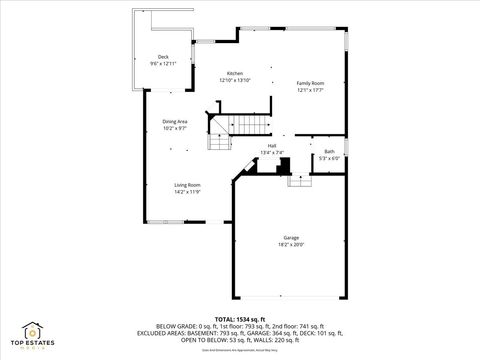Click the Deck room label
(163, 57)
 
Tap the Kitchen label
(235, 74)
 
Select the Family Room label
(310, 83)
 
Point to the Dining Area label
(175, 122)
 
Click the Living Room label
(187, 185)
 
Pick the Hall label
(271, 146)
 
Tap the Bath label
(329, 151)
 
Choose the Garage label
(290, 238)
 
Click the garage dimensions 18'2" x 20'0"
(290, 244)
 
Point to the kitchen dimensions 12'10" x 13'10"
(235, 80)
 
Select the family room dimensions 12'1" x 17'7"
(310, 89)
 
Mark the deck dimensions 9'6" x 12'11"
(163, 63)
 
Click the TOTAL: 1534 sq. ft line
(240, 318)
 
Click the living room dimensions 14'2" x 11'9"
(187, 191)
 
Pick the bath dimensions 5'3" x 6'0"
(329, 157)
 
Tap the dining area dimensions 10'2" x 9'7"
(175, 128)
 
